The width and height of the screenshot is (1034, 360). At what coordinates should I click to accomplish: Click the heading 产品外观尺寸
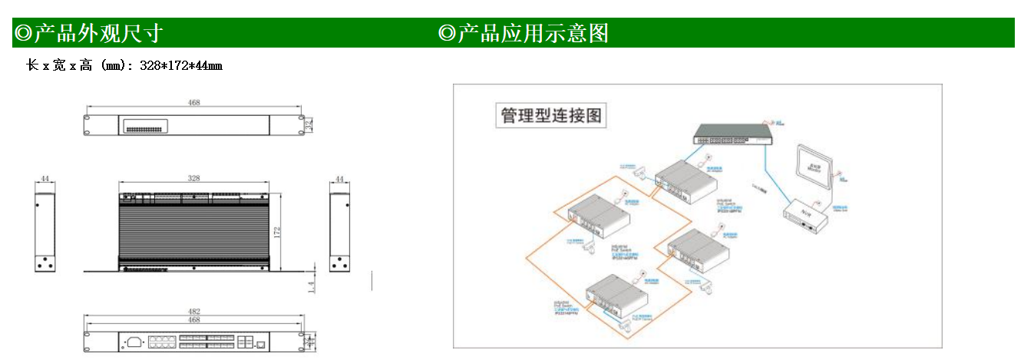pos(88,33)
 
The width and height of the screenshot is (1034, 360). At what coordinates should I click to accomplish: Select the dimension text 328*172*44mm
pos(181,66)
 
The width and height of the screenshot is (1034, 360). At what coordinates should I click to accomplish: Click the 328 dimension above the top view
pos(194,178)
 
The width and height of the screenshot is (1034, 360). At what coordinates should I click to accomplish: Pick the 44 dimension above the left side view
pos(45,179)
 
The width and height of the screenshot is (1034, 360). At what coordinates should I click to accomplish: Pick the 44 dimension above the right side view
pos(339,179)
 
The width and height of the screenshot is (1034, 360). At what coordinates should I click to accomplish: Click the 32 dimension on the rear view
pos(309,124)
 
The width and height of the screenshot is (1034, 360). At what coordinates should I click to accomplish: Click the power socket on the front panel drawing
pos(134,342)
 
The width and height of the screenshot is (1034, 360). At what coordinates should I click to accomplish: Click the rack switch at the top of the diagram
pos(732,136)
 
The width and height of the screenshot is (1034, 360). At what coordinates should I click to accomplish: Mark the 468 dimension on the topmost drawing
pos(194,101)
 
